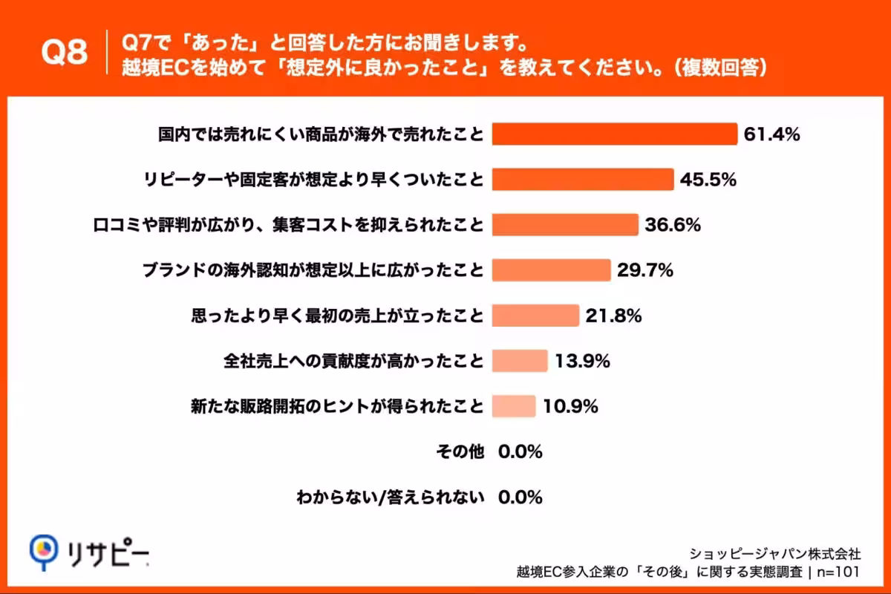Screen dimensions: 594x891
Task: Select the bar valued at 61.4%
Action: [614, 134]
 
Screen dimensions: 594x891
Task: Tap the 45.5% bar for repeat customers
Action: [583, 180]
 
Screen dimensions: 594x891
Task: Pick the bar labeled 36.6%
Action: [565, 225]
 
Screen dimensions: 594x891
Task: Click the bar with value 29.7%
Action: [551, 270]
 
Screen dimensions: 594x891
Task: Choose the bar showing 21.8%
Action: [535, 316]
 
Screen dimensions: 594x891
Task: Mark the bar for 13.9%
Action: [520, 361]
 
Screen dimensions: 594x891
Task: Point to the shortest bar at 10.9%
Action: [513, 406]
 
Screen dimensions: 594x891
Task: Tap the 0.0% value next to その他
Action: [520, 451]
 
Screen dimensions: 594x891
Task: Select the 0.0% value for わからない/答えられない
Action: [520, 497]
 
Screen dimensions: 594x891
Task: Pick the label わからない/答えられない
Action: [390, 497]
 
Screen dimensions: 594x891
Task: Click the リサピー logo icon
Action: [44, 550]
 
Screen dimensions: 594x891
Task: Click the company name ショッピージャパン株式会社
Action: [775, 553]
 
